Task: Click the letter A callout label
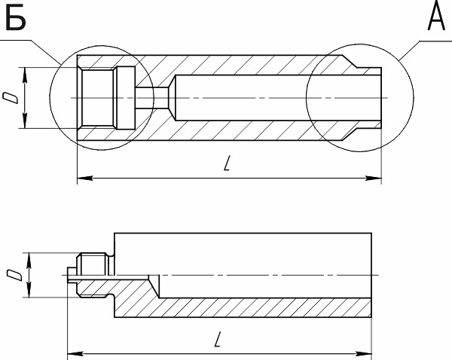click(435, 17)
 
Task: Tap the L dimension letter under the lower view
click(217, 340)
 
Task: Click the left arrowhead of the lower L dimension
click(73, 353)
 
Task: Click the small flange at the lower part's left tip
click(71, 275)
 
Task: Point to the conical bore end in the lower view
click(156, 285)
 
